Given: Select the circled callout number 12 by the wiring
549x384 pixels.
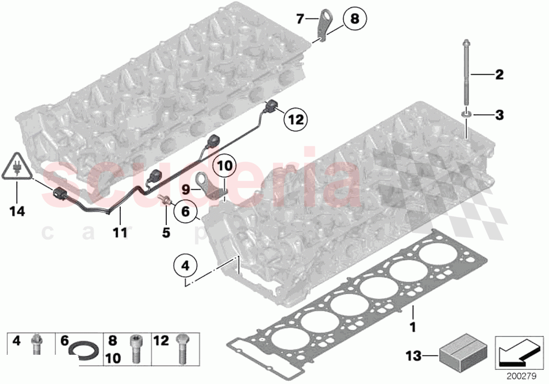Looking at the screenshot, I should pos(295,120).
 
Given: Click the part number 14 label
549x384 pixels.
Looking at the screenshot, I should pos(17,212).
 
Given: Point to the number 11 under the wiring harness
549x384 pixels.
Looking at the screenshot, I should pos(120,232).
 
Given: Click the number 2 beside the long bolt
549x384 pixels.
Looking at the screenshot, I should pos(499,75).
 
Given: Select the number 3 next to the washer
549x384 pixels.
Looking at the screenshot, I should pos(499,115).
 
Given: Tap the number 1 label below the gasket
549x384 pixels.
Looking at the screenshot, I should pos(412,329).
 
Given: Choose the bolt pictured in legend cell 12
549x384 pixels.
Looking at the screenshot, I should pos(182,349).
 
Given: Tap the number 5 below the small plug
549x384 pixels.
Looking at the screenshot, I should pos(166,232).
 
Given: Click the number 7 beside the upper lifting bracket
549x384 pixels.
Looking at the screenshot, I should pos(300,20).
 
